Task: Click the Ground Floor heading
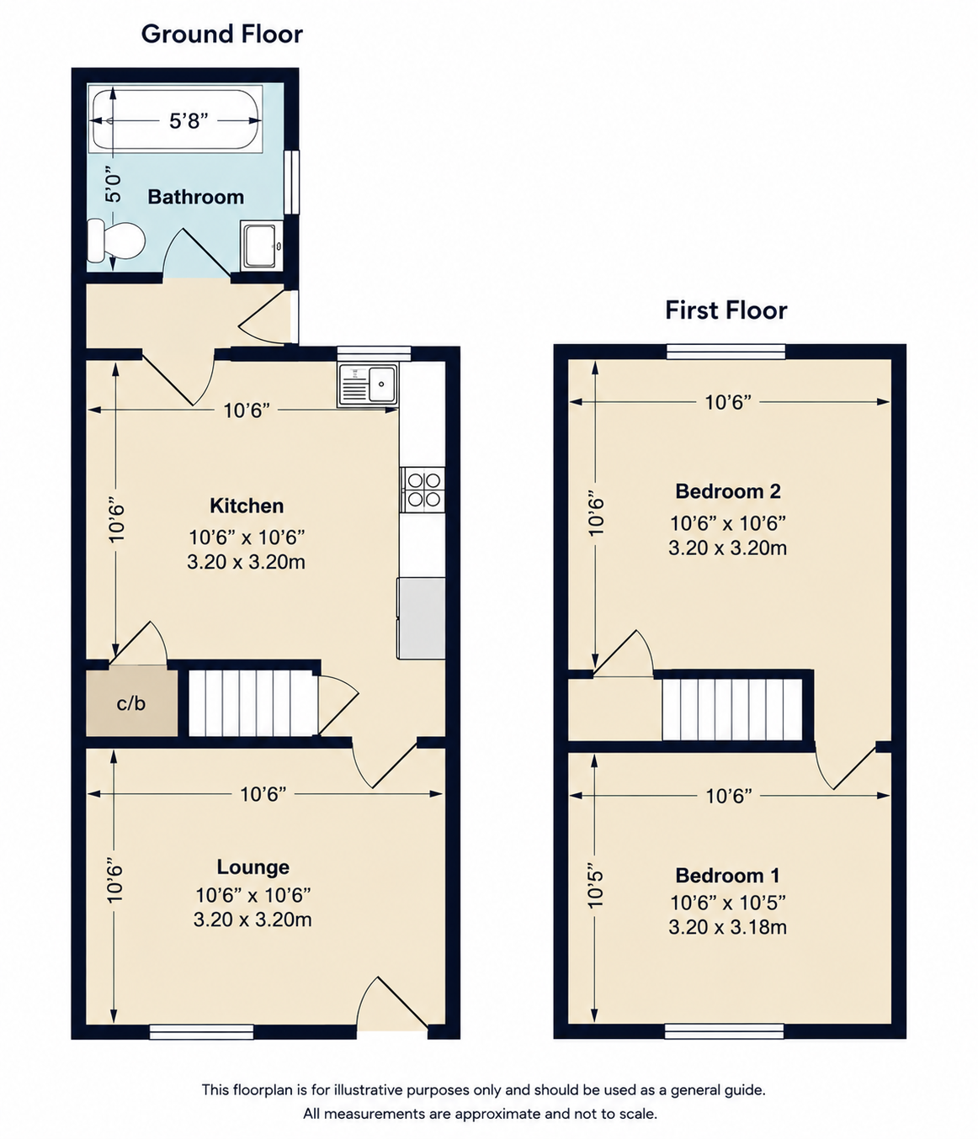(x=221, y=34)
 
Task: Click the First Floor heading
(x=726, y=310)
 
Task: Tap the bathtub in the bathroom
(x=176, y=119)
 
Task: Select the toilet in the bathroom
(x=116, y=241)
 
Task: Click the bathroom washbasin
(x=262, y=246)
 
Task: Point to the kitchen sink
(x=368, y=385)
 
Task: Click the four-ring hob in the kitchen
(x=423, y=490)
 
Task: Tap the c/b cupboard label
(x=131, y=703)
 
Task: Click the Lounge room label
(x=253, y=866)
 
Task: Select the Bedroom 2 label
(x=728, y=490)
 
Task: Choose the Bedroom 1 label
(x=728, y=875)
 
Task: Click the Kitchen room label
(x=247, y=506)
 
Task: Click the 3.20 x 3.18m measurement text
(x=728, y=927)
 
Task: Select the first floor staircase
(x=732, y=709)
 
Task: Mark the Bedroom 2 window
(x=726, y=352)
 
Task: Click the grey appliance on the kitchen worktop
(x=421, y=617)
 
